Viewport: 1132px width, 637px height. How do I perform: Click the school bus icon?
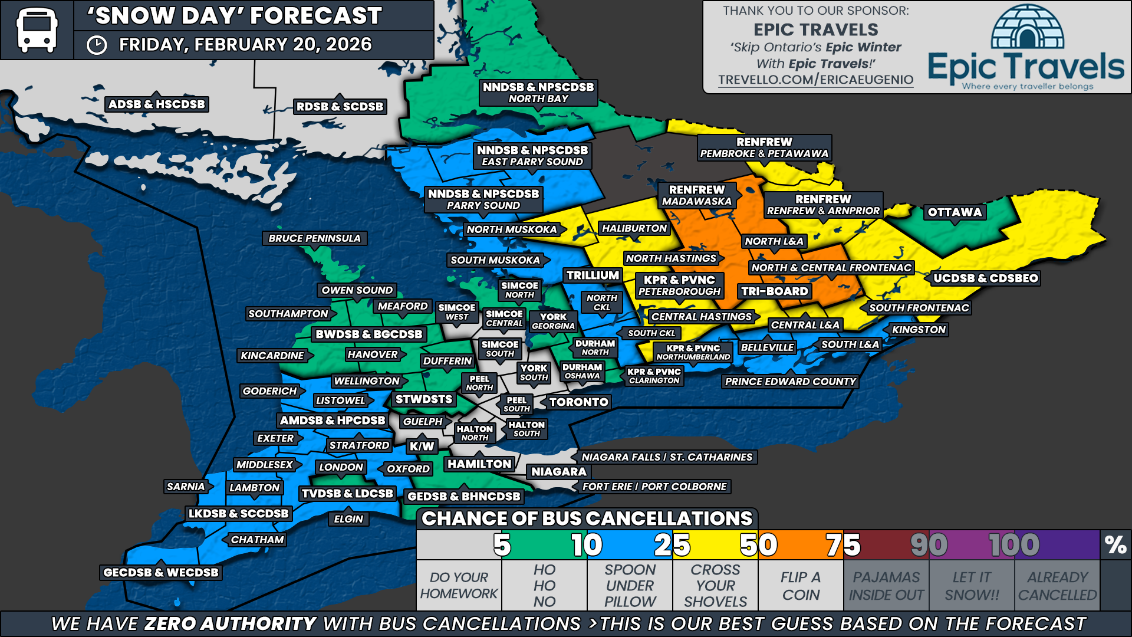pos(37,30)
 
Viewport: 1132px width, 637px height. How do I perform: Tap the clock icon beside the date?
pos(97,45)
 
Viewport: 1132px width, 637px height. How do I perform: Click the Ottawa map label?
pos(955,212)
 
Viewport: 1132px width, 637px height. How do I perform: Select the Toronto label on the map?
pos(578,402)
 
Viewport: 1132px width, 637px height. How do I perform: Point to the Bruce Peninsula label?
pos(314,238)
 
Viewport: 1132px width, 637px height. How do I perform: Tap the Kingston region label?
pos(919,330)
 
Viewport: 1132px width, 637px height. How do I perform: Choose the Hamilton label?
pos(479,464)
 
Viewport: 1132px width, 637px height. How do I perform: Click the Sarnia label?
pos(186,487)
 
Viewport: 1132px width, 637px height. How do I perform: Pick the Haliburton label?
pos(634,228)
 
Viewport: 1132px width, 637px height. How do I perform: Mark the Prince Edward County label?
pos(790,382)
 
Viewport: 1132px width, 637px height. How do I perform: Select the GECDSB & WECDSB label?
pos(161,572)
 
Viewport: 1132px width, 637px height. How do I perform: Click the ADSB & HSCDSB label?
pos(157,104)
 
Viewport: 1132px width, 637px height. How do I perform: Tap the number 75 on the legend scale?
pos(843,545)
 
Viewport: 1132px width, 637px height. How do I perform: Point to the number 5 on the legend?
pos(502,545)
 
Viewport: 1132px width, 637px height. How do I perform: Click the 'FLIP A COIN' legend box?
pos(801,586)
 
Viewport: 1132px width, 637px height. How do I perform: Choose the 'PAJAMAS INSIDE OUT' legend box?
pos(886,586)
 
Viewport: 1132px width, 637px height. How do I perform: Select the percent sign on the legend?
pos(1115,545)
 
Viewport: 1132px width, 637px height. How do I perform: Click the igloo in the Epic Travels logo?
pos(1027,28)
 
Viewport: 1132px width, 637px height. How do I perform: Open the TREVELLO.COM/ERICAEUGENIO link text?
pos(815,80)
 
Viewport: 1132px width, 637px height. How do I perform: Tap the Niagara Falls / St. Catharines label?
pos(667,457)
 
